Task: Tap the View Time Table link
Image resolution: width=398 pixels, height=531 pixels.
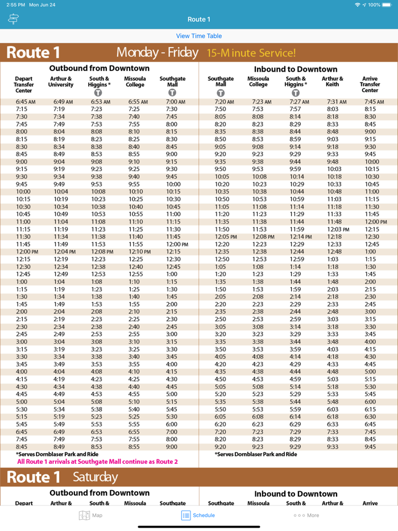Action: pos(199,36)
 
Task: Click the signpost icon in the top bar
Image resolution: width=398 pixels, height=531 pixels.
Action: pos(14,19)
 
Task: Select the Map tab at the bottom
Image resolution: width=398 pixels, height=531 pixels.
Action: pos(90,515)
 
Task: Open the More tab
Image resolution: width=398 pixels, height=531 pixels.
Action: pos(306,515)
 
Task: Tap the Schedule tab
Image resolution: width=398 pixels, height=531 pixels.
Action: pos(198,515)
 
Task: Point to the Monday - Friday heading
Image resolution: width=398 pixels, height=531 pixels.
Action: pos(157,53)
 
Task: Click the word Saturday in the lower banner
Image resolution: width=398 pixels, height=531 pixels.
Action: pos(96,477)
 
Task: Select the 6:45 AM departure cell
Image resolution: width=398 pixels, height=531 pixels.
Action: pos(26,102)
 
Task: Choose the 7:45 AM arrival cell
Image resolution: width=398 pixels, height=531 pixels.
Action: pos(370,102)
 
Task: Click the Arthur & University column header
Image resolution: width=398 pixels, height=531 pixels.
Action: pos(61,82)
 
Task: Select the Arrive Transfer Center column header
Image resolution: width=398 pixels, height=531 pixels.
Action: pos(370,85)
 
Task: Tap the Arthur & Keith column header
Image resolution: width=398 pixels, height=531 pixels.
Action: pos(333,82)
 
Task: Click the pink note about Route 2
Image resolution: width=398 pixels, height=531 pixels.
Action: pos(97,462)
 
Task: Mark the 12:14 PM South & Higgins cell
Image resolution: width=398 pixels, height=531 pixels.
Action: pos(300,237)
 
